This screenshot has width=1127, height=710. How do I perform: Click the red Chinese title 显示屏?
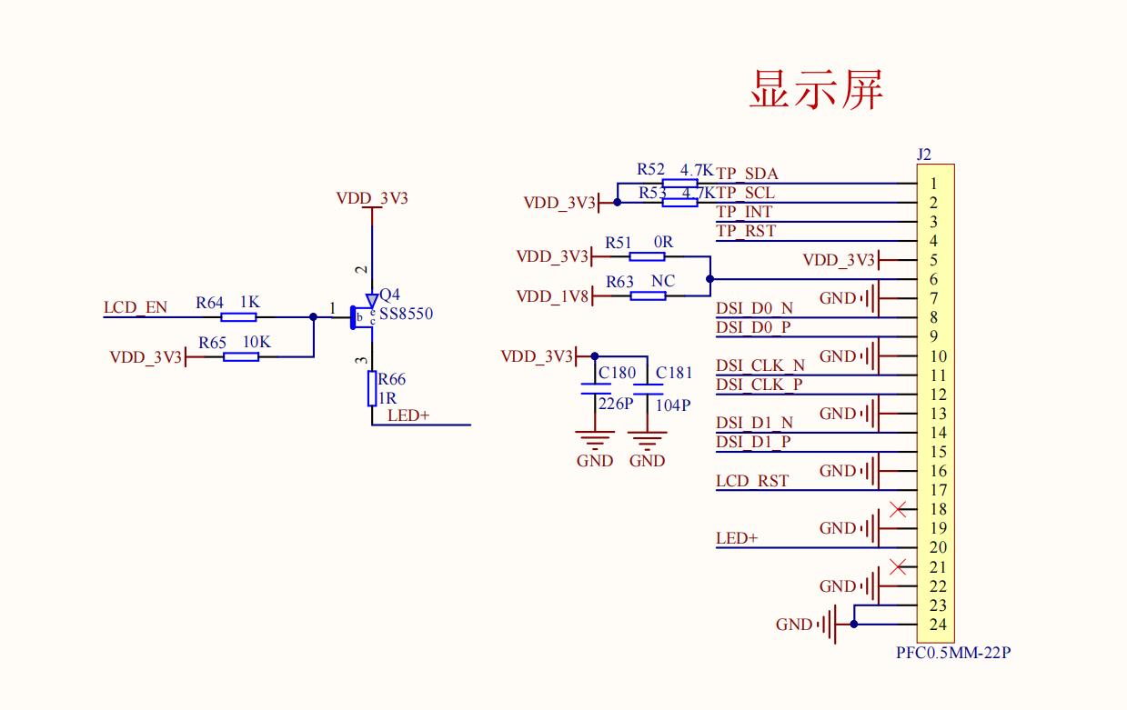(816, 89)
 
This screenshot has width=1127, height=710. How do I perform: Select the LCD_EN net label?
(136, 307)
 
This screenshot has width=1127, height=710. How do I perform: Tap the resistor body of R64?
(239, 317)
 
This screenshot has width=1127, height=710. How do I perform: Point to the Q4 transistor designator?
(389, 295)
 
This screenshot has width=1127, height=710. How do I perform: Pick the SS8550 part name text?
(407, 314)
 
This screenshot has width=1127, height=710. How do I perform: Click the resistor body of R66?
(372, 388)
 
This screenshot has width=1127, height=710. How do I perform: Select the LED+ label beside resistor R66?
(408, 415)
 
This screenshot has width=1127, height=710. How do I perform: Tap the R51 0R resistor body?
(647, 256)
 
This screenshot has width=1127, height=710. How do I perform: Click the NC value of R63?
(663, 282)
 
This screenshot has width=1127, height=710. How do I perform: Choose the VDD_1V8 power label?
(552, 296)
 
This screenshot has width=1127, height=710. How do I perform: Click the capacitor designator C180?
(617, 373)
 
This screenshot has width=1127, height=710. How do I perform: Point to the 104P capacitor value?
(673, 405)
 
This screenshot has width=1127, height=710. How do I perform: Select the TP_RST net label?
(746, 231)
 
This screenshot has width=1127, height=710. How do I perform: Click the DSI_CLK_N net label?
(760, 365)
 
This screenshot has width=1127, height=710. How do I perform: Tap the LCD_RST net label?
(752, 481)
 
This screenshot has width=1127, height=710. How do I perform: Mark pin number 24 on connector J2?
(939, 625)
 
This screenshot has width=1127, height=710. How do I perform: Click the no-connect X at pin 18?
(899, 509)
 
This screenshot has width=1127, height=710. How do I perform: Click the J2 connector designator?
(924, 155)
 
